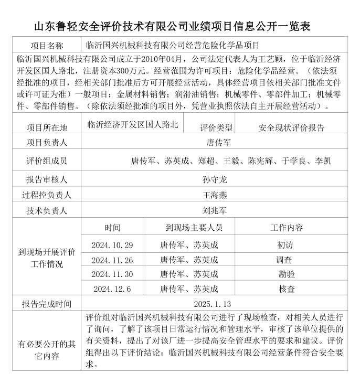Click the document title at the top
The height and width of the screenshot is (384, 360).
(180, 26)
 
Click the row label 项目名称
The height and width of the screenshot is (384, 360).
(47, 46)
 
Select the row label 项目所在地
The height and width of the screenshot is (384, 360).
(47, 127)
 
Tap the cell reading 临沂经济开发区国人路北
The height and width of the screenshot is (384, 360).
(133, 124)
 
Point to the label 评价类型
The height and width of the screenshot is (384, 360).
(216, 127)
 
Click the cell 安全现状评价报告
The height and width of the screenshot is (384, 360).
(292, 127)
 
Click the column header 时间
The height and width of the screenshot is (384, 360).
(112, 227)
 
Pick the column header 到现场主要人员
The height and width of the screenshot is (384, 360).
(194, 227)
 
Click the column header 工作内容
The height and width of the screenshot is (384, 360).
(287, 227)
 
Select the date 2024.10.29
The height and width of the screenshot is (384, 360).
(112, 245)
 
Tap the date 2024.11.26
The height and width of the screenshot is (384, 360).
(112, 260)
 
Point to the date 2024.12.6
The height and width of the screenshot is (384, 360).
(112, 289)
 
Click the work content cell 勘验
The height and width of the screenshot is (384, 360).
(287, 274)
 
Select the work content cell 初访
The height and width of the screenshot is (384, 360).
(287, 245)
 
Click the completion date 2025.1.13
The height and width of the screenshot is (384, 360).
(213, 304)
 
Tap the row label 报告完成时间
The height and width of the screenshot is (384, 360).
(47, 304)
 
